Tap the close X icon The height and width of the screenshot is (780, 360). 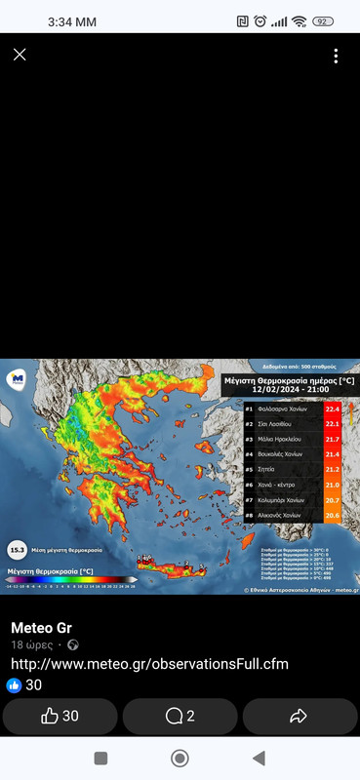(x=20, y=55)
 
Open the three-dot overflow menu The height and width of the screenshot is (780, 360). (x=336, y=56)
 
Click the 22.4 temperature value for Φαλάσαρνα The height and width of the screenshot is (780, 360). (x=332, y=409)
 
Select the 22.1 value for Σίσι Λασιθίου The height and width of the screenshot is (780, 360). (x=332, y=424)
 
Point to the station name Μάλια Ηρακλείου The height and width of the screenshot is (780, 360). (x=286, y=439)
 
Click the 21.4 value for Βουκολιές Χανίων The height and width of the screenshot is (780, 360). (x=332, y=454)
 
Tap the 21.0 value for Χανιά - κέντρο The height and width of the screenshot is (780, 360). (x=332, y=485)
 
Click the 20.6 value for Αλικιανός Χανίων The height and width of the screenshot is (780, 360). (x=332, y=515)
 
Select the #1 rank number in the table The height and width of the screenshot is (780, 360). (x=250, y=409)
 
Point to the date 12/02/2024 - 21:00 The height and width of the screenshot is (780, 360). (x=290, y=390)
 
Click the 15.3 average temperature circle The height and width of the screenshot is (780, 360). (x=17, y=549)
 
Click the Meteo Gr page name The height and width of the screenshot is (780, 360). (x=41, y=627)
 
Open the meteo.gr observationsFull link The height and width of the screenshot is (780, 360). (x=149, y=664)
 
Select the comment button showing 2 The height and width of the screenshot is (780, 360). (x=180, y=717)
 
